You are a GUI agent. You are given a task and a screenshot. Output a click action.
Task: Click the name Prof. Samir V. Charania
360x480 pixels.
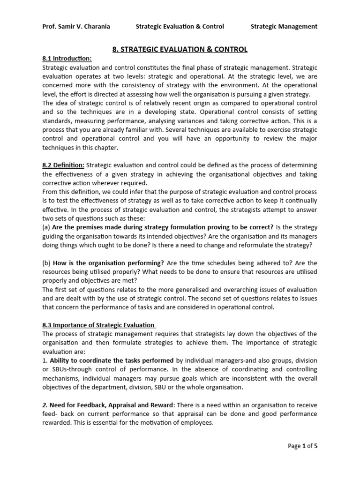tap(76, 26)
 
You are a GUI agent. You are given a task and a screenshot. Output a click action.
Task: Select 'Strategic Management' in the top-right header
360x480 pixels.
tap(284, 26)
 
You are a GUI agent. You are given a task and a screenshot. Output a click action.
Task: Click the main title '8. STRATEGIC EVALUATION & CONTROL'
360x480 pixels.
tap(180, 49)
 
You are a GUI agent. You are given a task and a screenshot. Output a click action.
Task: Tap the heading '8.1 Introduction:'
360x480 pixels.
tap(67, 59)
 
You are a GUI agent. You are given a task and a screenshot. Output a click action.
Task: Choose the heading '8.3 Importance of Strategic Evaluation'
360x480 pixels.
tap(98, 324)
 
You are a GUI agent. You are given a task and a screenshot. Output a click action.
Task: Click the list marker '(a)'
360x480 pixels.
tap(46, 227)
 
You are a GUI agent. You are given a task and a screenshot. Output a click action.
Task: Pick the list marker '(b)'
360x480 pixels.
tap(46, 263)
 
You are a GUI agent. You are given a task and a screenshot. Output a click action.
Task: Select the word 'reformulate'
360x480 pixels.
tap(258, 245)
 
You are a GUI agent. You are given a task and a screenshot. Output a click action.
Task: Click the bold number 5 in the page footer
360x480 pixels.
tap(315, 446)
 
